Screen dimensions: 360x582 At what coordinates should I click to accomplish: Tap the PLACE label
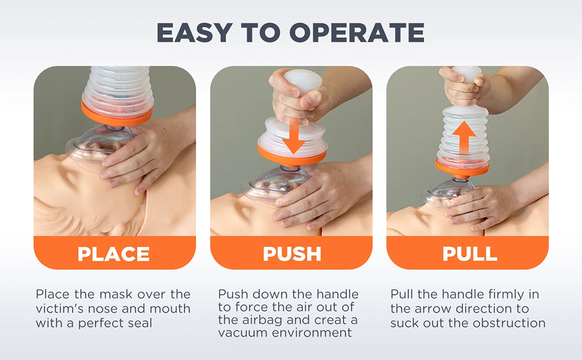(114, 254)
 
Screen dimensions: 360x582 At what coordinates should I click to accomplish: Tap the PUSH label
(292, 254)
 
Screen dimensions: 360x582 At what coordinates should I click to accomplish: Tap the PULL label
(469, 254)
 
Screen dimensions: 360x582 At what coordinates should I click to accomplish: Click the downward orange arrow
(293, 137)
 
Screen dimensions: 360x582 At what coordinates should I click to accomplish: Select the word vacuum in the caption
(240, 333)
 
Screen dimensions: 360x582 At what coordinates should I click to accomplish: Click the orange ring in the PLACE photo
(116, 114)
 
